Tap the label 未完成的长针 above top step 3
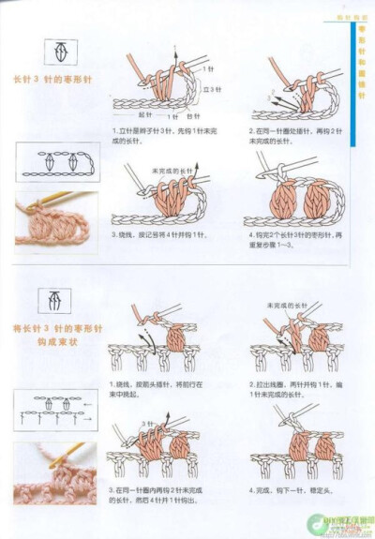click(x=168, y=171)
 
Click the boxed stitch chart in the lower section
click(x=55, y=411)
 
